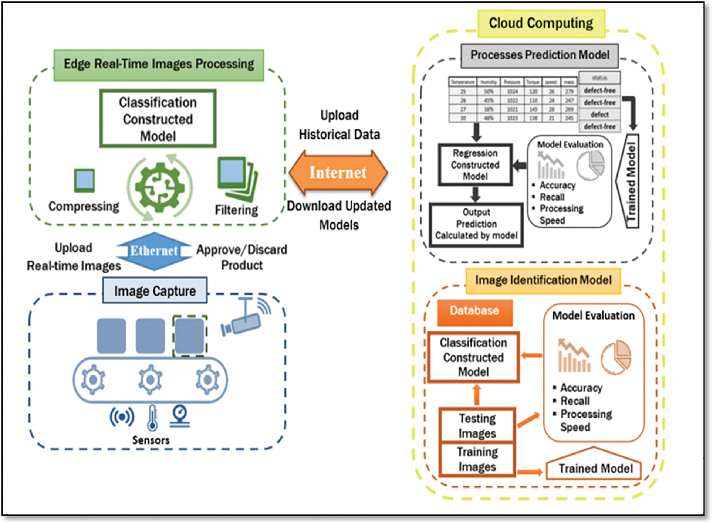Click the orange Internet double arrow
click(338, 173)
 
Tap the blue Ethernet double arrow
click(154, 251)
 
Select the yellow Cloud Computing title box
click(541, 23)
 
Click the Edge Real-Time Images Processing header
click(159, 64)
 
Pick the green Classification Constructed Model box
click(158, 119)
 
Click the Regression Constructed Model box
click(475, 164)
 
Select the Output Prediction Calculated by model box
click(476, 224)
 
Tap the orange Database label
click(474, 311)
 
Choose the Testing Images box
click(477, 425)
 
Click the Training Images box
click(477, 459)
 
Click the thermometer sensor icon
click(152, 418)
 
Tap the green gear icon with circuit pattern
click(160, 187)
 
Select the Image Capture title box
click(155, 291)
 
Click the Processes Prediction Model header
click(540, 55)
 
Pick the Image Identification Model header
click(543, 280)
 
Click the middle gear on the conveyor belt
click(150, 380)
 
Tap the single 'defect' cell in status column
click(599, 115)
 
